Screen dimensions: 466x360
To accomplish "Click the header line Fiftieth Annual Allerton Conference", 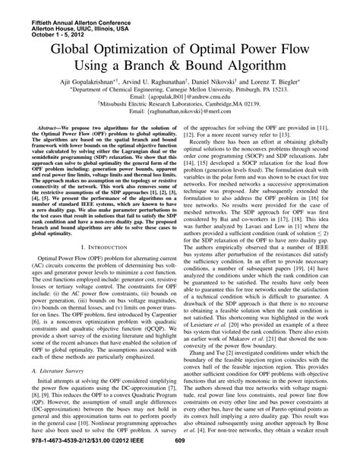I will point(53,7).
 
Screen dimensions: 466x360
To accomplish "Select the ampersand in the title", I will point(206,76).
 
